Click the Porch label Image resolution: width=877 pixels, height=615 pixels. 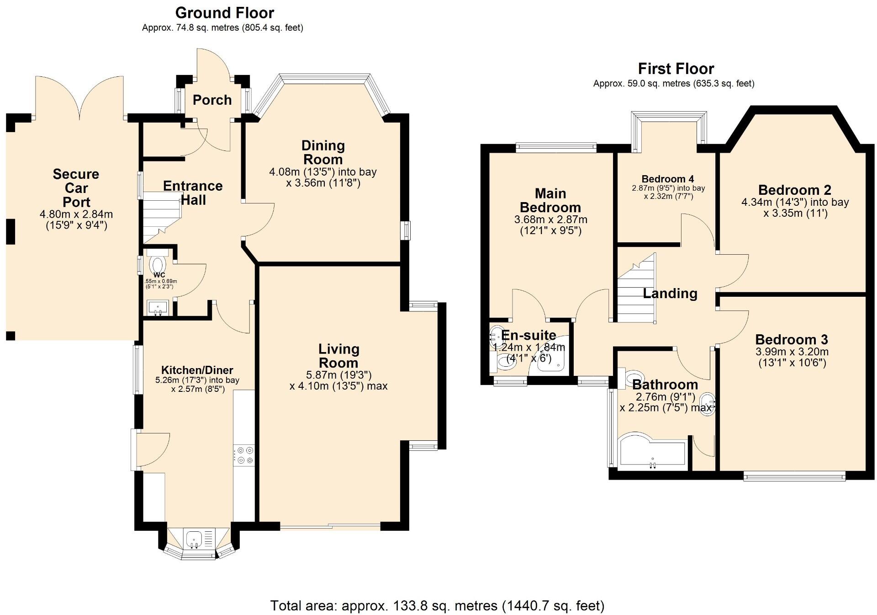tap(212, 100)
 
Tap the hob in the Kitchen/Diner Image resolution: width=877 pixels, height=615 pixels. tap(244, 455)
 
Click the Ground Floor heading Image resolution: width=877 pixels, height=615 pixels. tap(224, 13)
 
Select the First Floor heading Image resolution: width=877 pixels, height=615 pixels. tap(676, 69)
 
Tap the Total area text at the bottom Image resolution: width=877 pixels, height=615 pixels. tap(437, 605)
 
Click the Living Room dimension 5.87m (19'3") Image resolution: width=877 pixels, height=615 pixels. tap(338, 375)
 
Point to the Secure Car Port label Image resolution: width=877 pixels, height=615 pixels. tap(76, 188)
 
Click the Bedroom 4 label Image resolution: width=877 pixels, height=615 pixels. tap(667, 179)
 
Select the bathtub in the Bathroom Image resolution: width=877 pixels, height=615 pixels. tap(652, 455)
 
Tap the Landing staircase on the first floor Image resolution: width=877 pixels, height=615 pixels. tap(636, 293)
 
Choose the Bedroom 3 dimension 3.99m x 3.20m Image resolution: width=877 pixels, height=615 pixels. tap(792, 352)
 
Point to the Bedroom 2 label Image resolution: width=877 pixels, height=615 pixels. tap(794, 190)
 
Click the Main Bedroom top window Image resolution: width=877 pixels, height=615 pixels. tap(556, 147)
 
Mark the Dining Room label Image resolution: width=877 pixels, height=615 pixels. tap(322, 153)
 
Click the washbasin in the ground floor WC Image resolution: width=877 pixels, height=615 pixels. tap(158, 308)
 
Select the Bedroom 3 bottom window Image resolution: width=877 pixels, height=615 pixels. tap(794, 477)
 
